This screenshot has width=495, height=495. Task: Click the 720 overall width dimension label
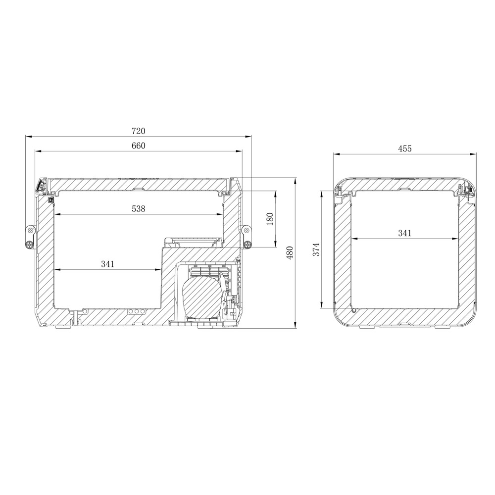pos(139,131)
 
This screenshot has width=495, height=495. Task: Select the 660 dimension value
pos(139,146)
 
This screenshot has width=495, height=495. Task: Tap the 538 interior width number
pos(139,209)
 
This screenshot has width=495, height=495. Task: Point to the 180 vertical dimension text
pos(270,219)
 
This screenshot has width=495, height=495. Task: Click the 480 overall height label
pos(290,252)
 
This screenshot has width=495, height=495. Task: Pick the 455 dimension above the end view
pos(405,148)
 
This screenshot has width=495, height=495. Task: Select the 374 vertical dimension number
pos(316,249)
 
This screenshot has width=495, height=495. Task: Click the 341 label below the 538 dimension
pos(107,264)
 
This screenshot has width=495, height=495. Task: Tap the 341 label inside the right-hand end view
pos(405,233)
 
